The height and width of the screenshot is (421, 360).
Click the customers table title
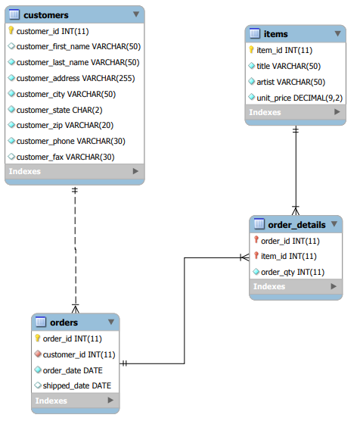tap(46, 15)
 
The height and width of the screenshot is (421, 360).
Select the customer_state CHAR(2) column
tap(59, 110)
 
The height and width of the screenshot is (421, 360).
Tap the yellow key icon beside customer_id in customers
tap(11, 30)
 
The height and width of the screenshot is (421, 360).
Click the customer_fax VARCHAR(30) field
tap(66, 157)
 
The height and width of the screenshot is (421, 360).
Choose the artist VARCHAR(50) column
tap(290, 82)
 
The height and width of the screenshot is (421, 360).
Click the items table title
tap(275, 34)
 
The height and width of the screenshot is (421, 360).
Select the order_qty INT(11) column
tap(293, 273)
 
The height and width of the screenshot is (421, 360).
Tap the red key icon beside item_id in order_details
tap(256, 256)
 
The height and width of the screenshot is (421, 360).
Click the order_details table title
tap(296, 225)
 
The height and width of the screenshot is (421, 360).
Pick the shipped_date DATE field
tap(76, 386)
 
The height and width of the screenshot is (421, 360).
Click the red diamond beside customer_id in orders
tap(38, 354)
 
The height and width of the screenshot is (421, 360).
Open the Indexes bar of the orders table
tap(76, 401)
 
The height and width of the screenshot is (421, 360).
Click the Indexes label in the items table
tap(265, 112)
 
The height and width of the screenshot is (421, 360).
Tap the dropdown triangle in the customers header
tap(136, 14)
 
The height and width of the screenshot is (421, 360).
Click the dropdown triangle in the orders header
tap(111, 322)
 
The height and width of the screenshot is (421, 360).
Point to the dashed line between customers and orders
tap(76, 249)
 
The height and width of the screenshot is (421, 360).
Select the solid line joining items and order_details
tap(296, 170)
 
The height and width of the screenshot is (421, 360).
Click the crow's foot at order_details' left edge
tap(244, 257)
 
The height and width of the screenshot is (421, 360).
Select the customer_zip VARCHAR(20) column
tap(65, 126)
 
